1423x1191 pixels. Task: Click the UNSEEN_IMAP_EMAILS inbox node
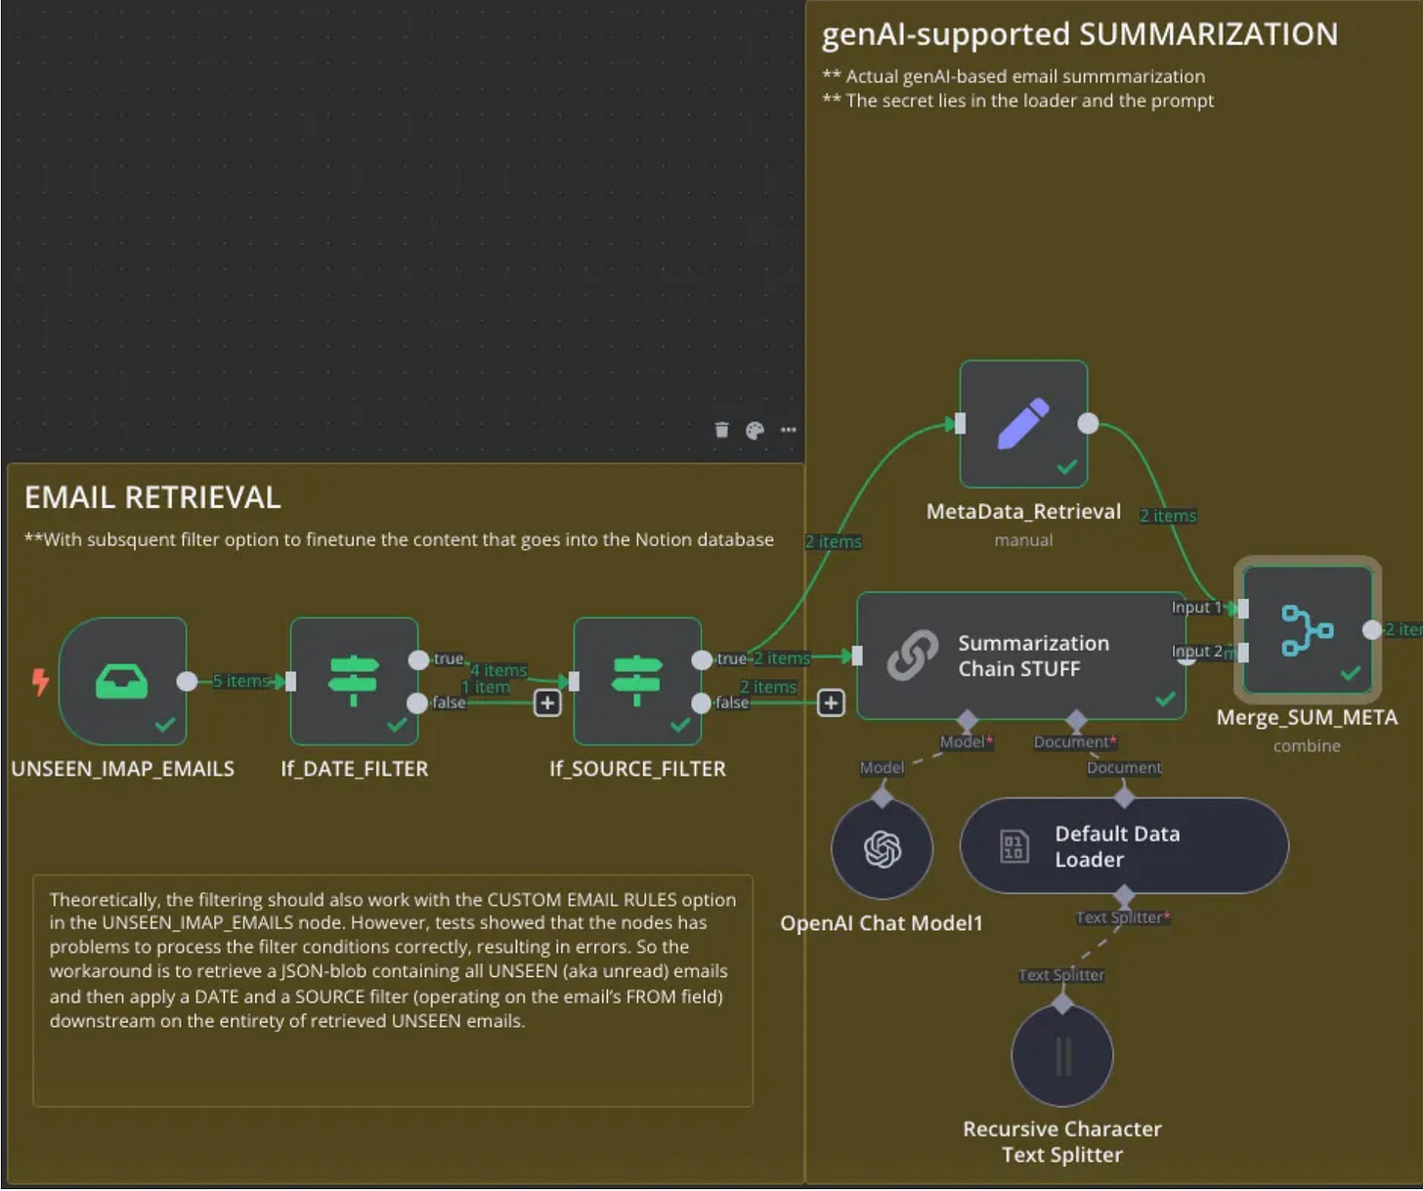[x=123, y=681]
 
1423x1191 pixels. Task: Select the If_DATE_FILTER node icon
[x=354, y=681]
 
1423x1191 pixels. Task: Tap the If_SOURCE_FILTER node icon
[x=637, y=681]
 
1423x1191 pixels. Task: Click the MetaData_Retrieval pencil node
[x=1023, y=424]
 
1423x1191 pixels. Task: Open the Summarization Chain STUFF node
[x=1021, y=656]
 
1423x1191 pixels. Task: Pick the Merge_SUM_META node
[x=1307, y=630]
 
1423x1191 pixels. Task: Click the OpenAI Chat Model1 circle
[x=882, y=849]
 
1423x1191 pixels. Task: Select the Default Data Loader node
[x=1124, y=845]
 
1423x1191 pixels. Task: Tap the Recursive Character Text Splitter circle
[x=1061, y=1055]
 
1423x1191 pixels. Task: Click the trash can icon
[x=721, y=430]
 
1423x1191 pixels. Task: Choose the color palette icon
[x=755, y=431]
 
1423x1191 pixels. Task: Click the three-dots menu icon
[x=789, y=430]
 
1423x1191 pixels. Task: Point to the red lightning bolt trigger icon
[x=41, y=681]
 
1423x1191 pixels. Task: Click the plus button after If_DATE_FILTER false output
[x=547, y=702]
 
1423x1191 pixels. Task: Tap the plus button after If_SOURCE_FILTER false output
[x=831, y=702]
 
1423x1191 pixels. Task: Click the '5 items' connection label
[x=241, y=681]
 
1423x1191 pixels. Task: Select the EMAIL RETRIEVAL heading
[x=152, y=497]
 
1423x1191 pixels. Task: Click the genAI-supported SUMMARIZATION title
[x=1080, y=35]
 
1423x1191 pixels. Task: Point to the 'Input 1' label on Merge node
[x=1196, y=607]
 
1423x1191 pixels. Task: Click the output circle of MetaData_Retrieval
[x=1088, y=424]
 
